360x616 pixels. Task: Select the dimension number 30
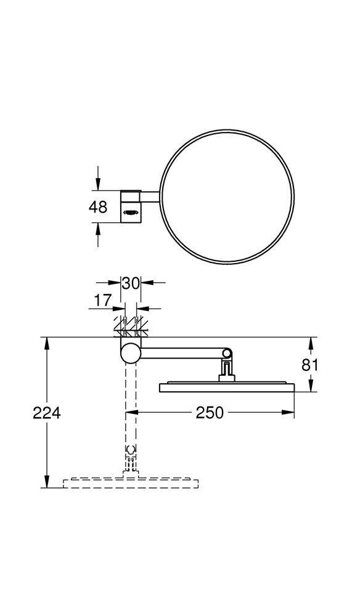(x=130, y=283)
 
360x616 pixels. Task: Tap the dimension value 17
(x=104, y=301)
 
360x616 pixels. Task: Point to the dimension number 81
(x=310, y=365)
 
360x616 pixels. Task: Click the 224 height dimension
(x=47, y=413)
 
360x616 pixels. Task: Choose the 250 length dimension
(x=210, y=413)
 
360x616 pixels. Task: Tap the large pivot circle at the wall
(x=130, y=353)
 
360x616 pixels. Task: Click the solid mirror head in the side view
(x=226, y=387)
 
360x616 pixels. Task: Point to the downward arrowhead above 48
(x=97, y=185)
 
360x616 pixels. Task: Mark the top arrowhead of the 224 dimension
(x=47, y=342)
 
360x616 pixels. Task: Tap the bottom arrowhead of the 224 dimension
(x=47, y=482)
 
